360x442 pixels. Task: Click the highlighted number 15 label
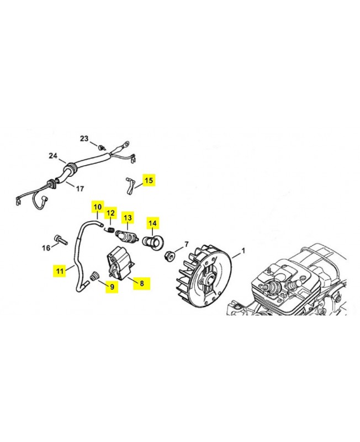[x=149, y=180]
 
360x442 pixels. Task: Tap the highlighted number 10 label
[x=98, y=207]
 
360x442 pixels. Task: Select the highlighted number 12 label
[x=110, y=213]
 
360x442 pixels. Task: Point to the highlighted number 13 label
[x=128, y=218]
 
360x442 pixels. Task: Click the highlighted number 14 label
[x=152, y=223]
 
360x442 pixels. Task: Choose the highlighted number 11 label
[x=60, y=271]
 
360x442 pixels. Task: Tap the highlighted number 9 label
[x=112, y=287]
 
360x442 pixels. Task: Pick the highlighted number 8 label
[x=142, y=283]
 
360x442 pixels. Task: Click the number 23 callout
[x=84, y=139]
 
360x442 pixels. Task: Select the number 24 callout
[x=53, y=156]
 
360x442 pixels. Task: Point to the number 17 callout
[x=80, y=188]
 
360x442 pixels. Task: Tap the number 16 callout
[x=46, y=248]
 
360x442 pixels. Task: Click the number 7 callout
[x=186, y=244]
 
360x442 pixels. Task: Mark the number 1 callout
[x=243, y=250]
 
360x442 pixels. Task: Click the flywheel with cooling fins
[x=205, y=277]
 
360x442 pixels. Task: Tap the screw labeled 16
[x=61, y=240]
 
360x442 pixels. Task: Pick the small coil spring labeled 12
[x=110, y=230]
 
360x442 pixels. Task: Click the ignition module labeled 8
[x=120, y=264]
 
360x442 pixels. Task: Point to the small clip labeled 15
[x=129, y=186]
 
